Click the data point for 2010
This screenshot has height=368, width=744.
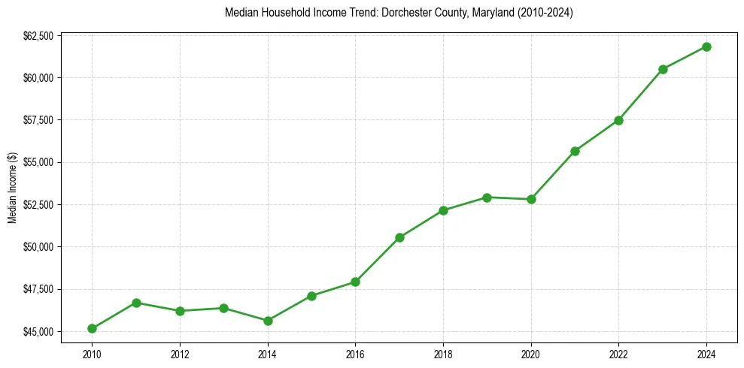92,328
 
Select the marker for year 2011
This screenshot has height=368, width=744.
136,303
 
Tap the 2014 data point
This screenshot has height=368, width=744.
268,321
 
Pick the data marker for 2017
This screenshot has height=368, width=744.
399,237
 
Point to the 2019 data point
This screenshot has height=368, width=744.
487,198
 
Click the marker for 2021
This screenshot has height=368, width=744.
575,151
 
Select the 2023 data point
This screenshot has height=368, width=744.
663,69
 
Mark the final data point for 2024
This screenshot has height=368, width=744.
706,47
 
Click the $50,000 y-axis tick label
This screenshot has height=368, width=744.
37,247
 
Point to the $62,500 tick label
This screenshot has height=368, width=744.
37,36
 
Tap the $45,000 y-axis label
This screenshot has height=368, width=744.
37,331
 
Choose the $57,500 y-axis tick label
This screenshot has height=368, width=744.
37,120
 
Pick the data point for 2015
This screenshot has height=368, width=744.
311,296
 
